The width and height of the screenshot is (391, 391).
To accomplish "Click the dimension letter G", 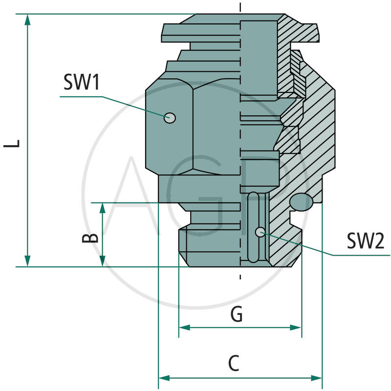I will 237,315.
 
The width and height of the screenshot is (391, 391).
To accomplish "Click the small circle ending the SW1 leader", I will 170,117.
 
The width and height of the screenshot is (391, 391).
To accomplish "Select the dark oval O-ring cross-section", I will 300,202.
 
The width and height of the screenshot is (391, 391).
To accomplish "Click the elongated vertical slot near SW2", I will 254,227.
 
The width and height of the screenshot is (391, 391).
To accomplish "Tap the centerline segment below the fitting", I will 240,275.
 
